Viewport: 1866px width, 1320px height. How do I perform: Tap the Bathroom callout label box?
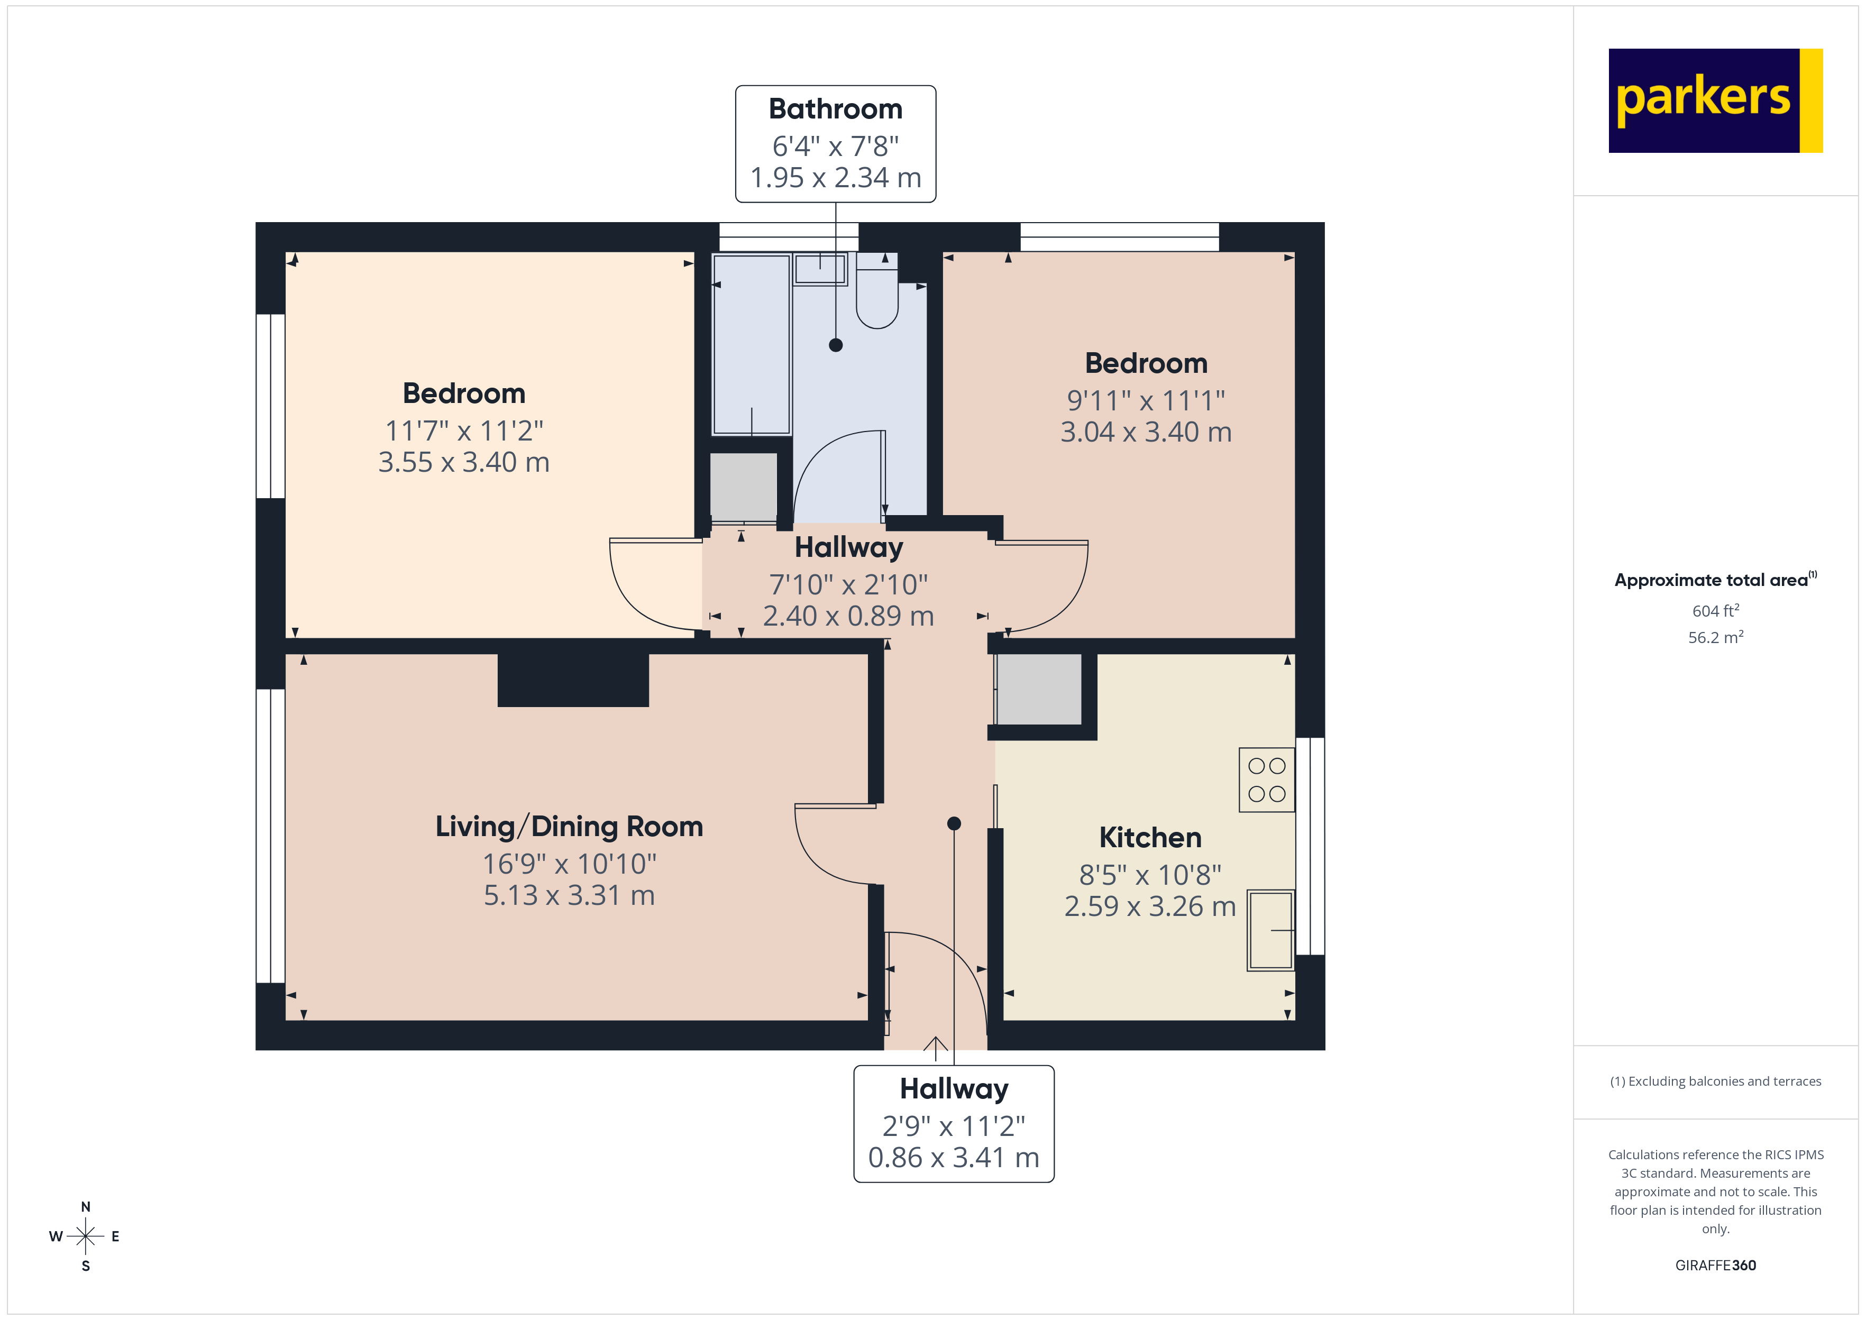(836, 144)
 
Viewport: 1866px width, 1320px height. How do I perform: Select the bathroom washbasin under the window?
(820, 269)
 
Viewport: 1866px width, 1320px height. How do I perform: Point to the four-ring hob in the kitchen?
(1266, 780)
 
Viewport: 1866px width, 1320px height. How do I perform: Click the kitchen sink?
(1270, 930)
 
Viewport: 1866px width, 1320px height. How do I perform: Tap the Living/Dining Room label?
(569, 827)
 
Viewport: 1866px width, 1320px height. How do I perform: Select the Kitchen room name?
(1150, 837)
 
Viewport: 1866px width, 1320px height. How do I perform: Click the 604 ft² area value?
(1715, 610)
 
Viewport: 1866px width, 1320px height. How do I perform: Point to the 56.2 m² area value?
(1715, 637)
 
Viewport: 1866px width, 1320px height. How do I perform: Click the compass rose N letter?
(85, 1207)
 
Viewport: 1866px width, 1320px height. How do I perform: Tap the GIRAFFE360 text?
(1715, 1264)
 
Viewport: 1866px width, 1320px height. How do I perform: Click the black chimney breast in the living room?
(573, 680)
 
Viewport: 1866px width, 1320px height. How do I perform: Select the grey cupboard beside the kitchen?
(1039, 689)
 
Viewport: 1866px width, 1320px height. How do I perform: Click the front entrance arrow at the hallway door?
(936, 1049)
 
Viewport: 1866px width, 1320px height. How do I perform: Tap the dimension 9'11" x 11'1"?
(1146, 400)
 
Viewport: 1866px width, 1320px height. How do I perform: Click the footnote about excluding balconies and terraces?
(1715, 1081)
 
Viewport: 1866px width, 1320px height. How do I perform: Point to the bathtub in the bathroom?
(751, 345)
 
